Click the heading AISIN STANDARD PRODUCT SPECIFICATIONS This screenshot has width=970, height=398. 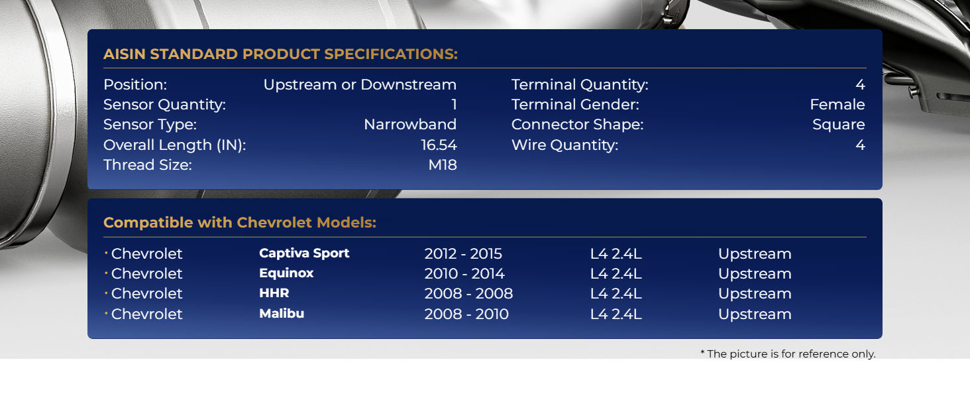click(x=281, y=54)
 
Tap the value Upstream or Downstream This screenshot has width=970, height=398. click(x=360, y=84)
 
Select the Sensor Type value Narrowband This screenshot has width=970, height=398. click(x=410, y=125)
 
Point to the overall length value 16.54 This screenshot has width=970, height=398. click(x=439, y=145)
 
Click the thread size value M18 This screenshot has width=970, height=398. click(x=443, y=165)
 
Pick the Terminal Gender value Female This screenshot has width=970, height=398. click(x=837, y=105)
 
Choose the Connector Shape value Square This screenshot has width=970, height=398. click(x=839, y=125)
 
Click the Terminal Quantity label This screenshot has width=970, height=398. click(x=580, y=84)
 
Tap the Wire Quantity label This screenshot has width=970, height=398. click(x=565, y=145)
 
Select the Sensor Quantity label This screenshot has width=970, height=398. click(x=164, y=105)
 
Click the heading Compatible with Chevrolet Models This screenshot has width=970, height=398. click(x=240, y=222)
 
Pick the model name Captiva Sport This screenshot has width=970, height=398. click(x=304, y=253)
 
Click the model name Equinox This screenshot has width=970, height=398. click(x=286, y=273)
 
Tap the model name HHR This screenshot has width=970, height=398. click(x=274, y=293)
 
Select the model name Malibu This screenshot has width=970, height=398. click(x=282, y=314)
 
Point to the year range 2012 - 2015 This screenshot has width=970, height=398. click(x=463, y=253)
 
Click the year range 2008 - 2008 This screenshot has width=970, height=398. click(x=468, y=293)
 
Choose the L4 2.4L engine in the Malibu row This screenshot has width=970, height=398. click(x=616, y=314)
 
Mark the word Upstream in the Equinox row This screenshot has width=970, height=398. click(x=755, y=273)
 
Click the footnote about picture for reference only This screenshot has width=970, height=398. click(x=788, y=354)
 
